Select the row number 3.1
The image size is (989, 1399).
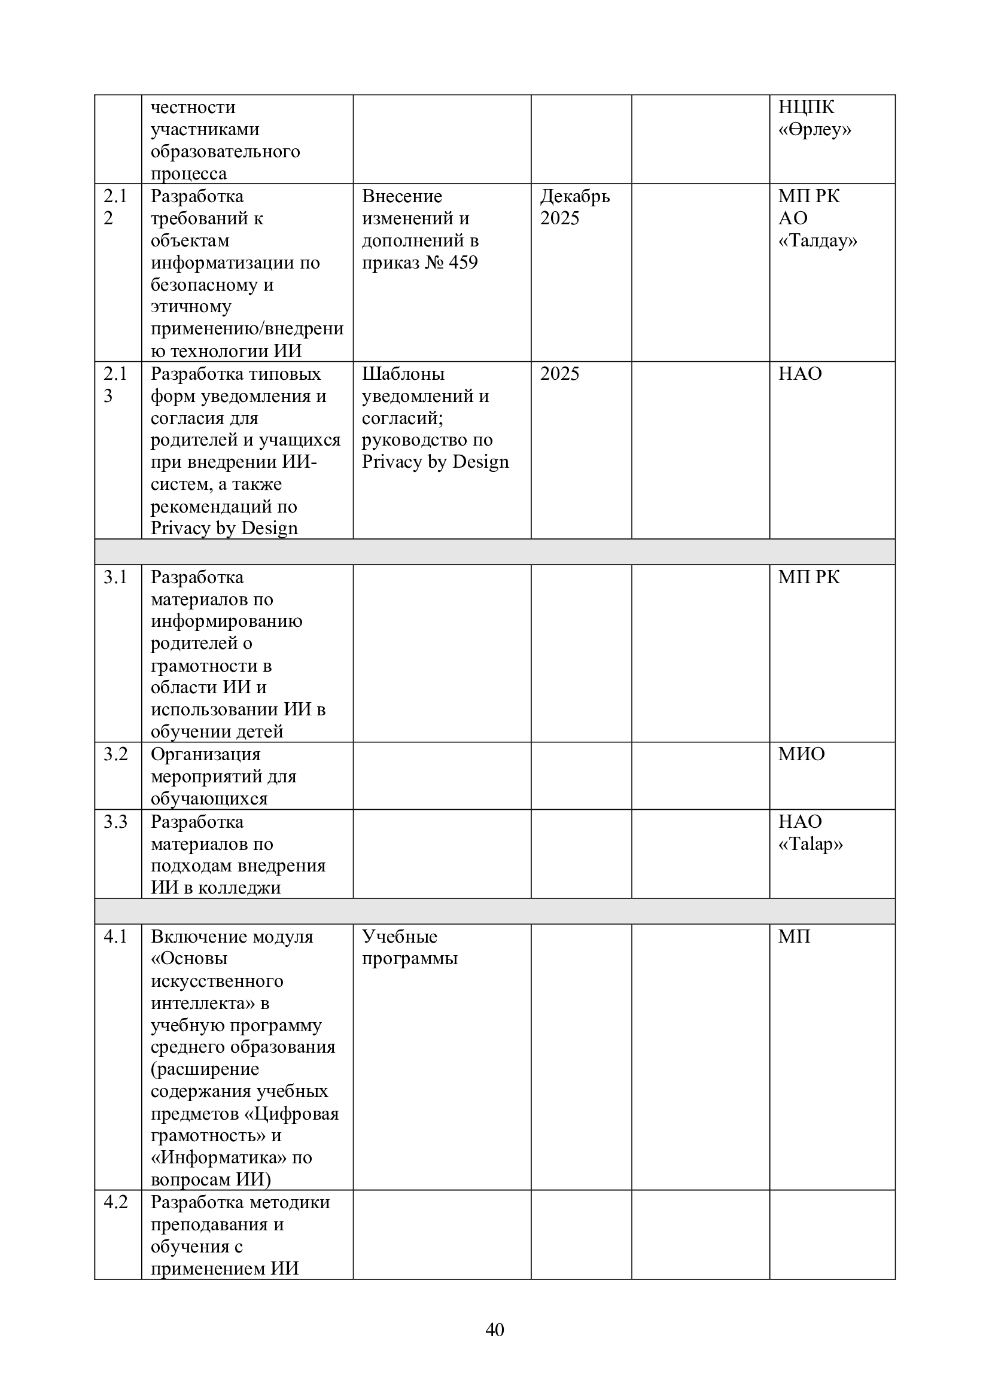click(x=115, y=577)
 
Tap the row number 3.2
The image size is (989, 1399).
click(x=115, y=754)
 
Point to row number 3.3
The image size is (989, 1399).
click(x=115, y=821)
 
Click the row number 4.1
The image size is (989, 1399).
click(x=115, y=936)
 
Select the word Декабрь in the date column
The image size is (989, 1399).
click(x=574, y=196)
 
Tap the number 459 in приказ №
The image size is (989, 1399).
click(x=463, y=263)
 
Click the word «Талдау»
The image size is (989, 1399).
click(x=817, y=240)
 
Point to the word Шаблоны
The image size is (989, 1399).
click(x=403, y=373)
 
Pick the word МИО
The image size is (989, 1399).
click(x=801, y=754)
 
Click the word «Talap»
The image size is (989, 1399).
click(x=810, y=844)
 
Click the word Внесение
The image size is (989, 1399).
click(x=401, y=196)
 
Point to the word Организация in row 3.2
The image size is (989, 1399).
click(x=205, y=754)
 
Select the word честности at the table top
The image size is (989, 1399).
click(x=193, y=107)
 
